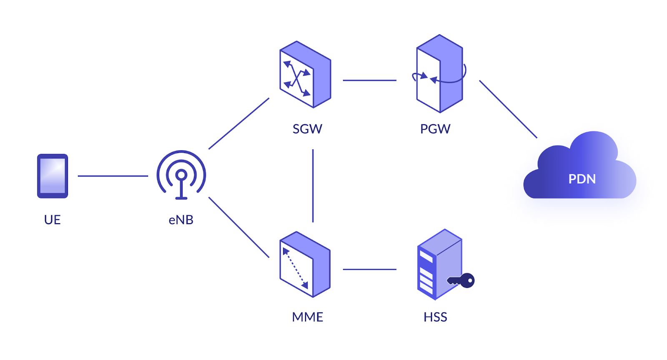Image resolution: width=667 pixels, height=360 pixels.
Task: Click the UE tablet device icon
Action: pyautogui.click(x=53, y=176)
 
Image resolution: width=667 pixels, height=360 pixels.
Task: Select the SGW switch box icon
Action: pyautogui.click(x=305, y=74)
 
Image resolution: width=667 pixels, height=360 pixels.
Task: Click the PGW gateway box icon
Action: pyautogui.click(x=440, y=73)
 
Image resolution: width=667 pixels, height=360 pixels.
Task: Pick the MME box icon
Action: pyautogui.click(x=305, y=264)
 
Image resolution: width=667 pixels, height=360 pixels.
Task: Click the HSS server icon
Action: pyautogui.click(x=439, y=264)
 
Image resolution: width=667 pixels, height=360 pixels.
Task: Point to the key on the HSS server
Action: pyautogui.click(x=461, y=280)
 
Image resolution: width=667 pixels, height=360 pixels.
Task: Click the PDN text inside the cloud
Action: pyautogui.click(x=582, y=179)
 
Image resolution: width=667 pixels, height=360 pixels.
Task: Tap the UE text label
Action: pyautogui.click(x=53, y=220)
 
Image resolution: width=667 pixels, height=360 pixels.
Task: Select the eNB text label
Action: pyautogui.click(x=181, y=220)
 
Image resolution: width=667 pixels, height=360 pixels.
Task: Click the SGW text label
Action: pyautogui.click(x=307, y=129)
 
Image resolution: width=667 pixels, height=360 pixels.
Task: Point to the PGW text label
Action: pyautogui.click(x=435, y=129)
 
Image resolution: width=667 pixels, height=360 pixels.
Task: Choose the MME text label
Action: pyautogui.click(x=307, y=317)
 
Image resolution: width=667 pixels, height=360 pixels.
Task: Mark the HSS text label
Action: pyautogui.click(x=435, y=317)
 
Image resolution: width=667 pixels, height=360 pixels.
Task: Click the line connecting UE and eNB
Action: pyautogui.click(x=113, y=176)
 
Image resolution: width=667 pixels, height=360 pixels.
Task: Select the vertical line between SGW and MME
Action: pyautogui.click(x=313, y=186)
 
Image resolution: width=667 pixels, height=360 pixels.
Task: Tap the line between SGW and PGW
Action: pyautogui.click(x=369, y=80)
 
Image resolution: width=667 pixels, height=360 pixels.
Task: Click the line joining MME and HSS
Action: pyautogui.click(x=369, y=269)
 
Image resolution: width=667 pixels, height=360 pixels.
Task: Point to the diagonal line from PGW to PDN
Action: pyautogui.click(x=508, y=109)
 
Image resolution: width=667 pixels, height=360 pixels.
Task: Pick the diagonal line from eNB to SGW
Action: pyautogui.click(x=239, y=123)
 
